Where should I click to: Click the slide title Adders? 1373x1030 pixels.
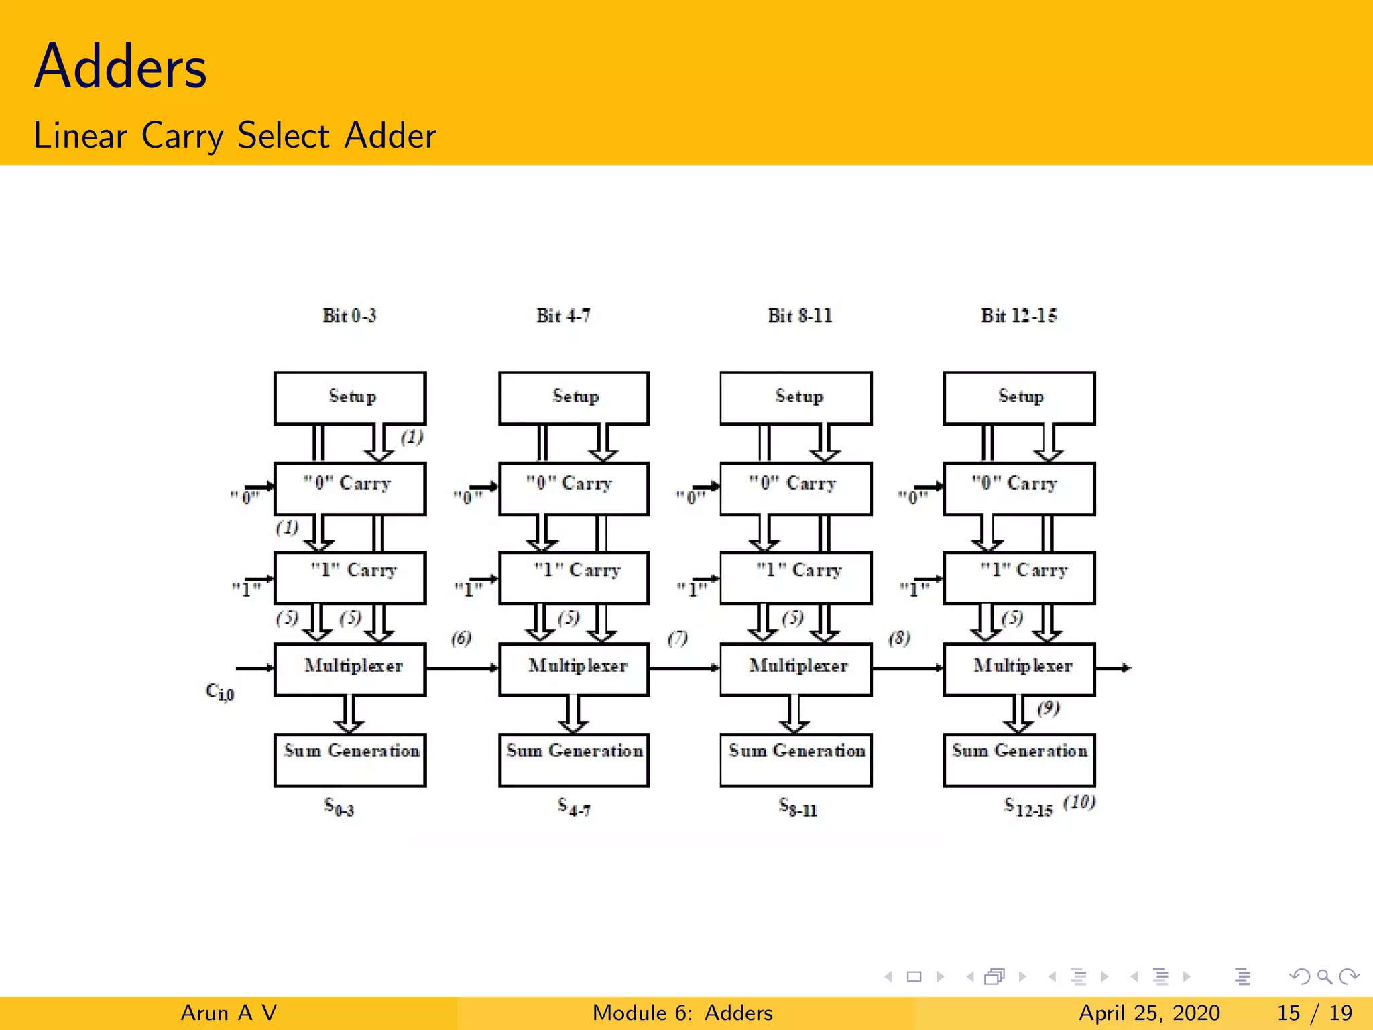coord(121,67)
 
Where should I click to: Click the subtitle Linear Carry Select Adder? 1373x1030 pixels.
coord(235,135)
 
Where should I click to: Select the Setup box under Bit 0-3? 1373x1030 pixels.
coord(350,398)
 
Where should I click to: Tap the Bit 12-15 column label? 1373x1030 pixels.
coord(1018,315)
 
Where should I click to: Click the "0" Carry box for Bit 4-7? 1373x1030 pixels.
coord(574,489)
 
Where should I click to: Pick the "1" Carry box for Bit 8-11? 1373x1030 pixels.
coord(796,577)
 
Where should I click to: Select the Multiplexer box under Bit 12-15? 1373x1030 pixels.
coord(1019,669)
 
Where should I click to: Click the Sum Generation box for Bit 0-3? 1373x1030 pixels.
coord(350,760)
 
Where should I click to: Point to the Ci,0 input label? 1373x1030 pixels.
coord(220,691)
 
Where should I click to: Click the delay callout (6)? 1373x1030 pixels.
coord(461,638)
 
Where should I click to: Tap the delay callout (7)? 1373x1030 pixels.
coord(678,638)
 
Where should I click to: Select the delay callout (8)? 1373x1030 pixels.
coord(900,638)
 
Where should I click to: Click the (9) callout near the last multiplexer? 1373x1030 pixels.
coord(1049,708)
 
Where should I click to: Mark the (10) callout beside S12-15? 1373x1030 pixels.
coord(1079,802)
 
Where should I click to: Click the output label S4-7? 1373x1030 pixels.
coord(574,807)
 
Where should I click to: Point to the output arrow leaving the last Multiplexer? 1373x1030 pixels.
coord(1114,668)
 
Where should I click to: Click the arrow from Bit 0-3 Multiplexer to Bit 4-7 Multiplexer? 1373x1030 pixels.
coord(462,668)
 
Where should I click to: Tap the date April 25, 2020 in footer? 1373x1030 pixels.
coord(1149,1013)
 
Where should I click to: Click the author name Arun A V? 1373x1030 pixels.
coord(229,1013)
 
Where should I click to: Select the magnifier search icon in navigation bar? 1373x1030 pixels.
coord(1324,976)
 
